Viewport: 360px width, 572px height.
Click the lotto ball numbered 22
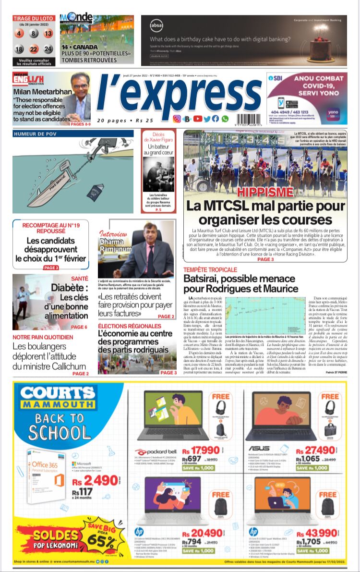pyautogui.click(x=34, y=49)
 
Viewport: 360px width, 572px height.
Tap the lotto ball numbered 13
pyautogui.click(x=48, y=34)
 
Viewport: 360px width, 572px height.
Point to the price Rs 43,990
pyautogui.click(x=315, y=533)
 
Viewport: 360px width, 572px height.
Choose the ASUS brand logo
pyautogui.click(x=259, y=448)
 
